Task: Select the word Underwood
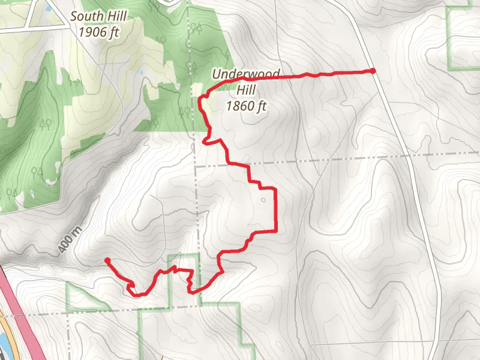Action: coord(245,74)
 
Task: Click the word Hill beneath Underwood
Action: coord(247,90)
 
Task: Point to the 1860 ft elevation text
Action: coord(246,106)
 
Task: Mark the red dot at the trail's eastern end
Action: coord(373,71)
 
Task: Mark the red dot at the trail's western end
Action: coord(107,260)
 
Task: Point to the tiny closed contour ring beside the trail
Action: coord(262,200)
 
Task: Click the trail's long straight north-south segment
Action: coord(275,210)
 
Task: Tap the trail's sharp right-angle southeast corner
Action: coord(275,230)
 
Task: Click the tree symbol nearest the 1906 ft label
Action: coord(160,40)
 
